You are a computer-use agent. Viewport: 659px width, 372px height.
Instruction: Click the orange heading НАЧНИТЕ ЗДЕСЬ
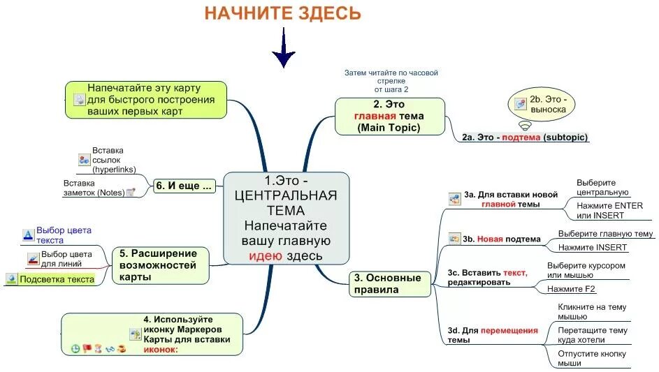(282, 13)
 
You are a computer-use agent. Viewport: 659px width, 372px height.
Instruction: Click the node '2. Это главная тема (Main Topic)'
(389, 116)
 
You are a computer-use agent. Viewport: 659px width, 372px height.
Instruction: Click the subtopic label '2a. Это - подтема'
(525, 137)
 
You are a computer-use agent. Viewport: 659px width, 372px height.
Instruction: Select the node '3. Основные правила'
(388, 283)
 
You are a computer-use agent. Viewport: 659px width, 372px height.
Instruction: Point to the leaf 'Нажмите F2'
(572, 288)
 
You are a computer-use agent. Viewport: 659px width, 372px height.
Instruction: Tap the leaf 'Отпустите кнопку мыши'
(592, 358)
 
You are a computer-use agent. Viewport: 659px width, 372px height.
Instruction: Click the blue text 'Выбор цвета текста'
(64, 235)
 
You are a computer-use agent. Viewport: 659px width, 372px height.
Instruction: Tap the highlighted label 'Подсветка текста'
(57, 279)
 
